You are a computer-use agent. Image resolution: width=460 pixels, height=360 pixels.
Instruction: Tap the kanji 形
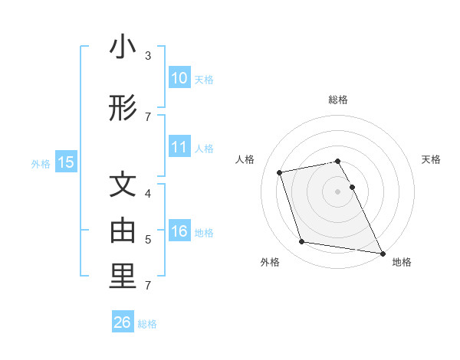pos(122,109)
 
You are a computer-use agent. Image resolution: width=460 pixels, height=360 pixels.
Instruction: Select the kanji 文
pos(122,186)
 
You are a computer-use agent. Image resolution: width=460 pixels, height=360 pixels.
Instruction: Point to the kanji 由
pos(122,230)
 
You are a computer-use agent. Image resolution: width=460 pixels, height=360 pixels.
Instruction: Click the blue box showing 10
pos(179,78)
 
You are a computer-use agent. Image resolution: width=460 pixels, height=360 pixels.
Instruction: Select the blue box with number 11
pos(179,147)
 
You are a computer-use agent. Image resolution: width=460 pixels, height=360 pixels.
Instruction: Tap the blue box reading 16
pos(179,231)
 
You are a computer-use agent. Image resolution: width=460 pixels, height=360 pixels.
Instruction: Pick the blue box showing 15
pos(66,162)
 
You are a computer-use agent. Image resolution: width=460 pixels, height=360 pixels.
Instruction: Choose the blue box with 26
pos(122,322)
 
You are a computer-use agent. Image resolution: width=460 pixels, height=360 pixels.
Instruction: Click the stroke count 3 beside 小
pos(148,56)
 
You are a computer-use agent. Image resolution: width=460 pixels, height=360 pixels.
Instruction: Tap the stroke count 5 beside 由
pos(148,240)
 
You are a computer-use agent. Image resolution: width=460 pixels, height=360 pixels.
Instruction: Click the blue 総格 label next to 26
pos(147,324)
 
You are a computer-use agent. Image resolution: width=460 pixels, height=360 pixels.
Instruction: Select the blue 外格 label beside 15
pos(41,163)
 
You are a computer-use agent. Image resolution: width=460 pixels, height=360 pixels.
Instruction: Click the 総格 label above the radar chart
pos(337,100)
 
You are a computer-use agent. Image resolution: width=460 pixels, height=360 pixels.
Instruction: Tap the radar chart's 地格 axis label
pos(402,262)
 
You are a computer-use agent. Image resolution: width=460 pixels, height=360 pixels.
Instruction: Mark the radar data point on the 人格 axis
pos(280,172)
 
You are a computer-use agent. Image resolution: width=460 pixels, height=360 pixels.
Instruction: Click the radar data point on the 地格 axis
pos(382,252)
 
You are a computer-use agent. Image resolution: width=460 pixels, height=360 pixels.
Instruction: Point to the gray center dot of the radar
pos(337,191)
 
